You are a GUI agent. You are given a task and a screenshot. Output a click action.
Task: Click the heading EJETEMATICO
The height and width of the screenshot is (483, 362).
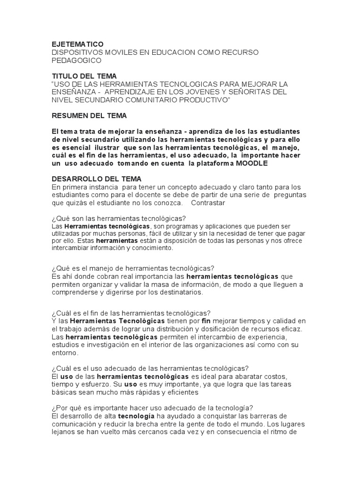77,44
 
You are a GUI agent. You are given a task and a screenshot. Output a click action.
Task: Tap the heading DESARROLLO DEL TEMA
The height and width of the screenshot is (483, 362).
96,179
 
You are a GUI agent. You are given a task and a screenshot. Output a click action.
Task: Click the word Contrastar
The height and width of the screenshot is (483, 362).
209,203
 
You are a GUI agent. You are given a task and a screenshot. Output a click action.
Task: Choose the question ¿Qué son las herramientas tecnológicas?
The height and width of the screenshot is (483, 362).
119,219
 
